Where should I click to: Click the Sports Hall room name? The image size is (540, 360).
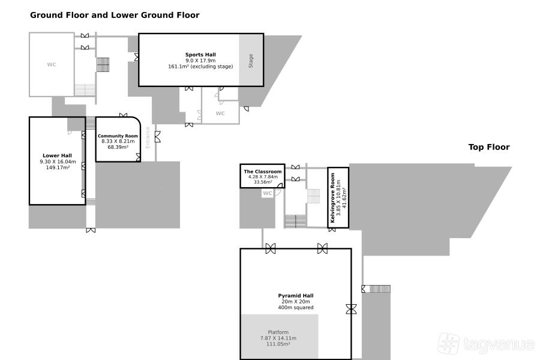(200, 55)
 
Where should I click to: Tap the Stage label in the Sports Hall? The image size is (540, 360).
(251, 61)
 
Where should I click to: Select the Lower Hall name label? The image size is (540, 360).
(57, 155)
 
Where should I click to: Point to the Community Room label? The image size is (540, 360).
(118, 136)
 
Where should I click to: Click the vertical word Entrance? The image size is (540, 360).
(148, 138)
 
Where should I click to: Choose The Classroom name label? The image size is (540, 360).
(263, 172)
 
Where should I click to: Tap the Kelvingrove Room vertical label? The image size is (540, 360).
(332, 198)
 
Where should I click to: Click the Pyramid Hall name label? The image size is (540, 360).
(296, 296)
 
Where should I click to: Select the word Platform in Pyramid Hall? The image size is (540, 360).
(278, 332)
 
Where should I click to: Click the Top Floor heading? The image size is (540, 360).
(489, 147)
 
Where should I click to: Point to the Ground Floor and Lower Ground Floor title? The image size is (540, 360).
(115, 15)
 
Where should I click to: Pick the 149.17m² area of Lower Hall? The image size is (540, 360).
(58, 167)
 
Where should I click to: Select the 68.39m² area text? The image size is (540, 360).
(118, 147)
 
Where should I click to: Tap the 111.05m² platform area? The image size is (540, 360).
(278, 344)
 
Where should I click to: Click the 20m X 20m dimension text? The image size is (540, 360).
(296, 301)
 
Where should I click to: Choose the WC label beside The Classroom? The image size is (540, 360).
(268, 193)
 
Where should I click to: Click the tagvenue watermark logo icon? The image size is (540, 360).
(448, 343)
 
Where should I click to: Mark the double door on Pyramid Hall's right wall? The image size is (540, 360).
(351, 309)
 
